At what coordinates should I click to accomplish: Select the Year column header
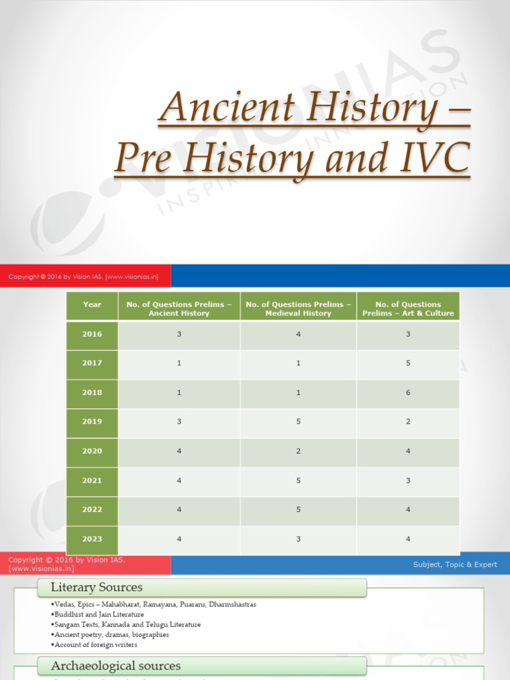pos(92,305)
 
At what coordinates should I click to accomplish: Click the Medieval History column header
pos(298,309)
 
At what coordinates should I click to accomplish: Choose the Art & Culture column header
pos(408,309)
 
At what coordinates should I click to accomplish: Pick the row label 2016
pos(92,334)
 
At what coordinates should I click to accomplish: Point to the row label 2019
pos(92,422)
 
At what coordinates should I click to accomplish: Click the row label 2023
pos(92,539)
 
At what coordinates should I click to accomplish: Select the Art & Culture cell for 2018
pos(408,392)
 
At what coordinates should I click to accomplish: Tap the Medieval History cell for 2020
pos(298,451)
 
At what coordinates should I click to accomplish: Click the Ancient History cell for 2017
pos(179,363)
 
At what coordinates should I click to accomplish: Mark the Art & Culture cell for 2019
pos(408,422)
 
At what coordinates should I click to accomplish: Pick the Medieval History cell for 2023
pos(298,539)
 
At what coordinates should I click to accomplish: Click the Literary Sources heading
pos(97,587)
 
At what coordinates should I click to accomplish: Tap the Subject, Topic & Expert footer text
pos(455,564)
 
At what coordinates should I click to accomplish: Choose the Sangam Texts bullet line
pos(126,624)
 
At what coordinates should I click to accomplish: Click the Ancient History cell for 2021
pos(179,480)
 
